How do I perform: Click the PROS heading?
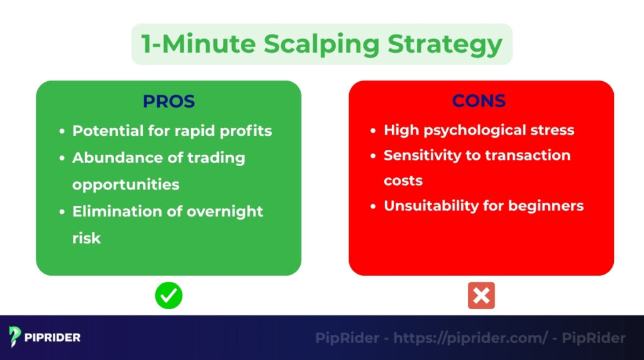pos(169,101)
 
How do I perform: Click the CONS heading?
pos(479,101)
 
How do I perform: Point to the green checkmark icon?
pos(169,295)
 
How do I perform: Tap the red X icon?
pos(481,295)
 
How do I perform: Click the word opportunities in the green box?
pos(125,184)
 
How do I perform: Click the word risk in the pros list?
pos(86,239)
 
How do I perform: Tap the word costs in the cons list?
pos(403,181)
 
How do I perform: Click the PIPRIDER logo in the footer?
pos(45,337)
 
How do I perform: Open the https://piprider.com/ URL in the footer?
pos(471,338)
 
